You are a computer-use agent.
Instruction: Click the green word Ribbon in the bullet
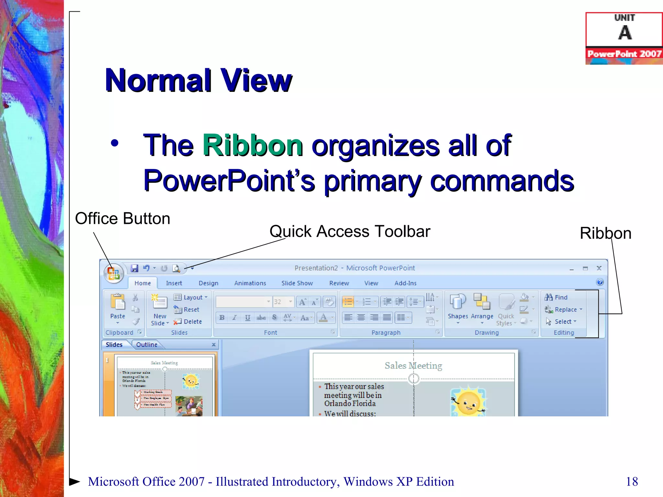tap(253, 145)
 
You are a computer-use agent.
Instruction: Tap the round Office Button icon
tap(114, 273)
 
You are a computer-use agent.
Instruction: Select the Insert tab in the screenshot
tap(174, 283)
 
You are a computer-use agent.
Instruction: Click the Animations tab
tap(250, 283)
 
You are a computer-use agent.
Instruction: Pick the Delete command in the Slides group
tap(188, 322)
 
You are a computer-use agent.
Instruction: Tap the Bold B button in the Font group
tap(222, 317)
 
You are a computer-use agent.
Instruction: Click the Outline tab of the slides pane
tap(147, 345)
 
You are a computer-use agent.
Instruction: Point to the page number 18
tap(632, 481)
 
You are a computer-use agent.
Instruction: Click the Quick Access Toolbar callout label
tap(350, 231)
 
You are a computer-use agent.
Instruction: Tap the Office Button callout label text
tap(122, 218)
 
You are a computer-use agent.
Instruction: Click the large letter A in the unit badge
tap(624, 33)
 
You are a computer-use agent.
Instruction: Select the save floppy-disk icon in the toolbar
tap(134, 268)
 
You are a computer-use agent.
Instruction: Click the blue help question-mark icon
tap(600, 282)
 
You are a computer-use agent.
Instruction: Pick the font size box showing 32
tap(283, 302)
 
